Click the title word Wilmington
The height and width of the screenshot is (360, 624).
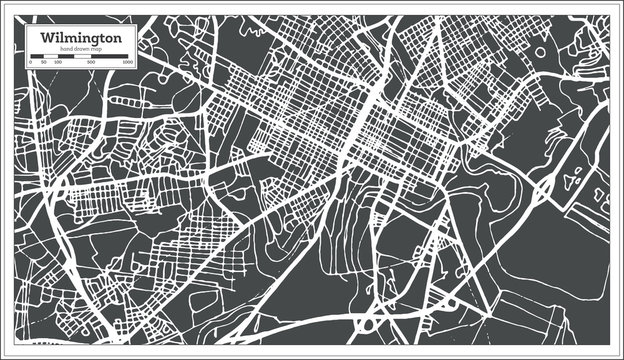click(82, 38)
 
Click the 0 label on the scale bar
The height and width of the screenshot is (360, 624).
click(31, 62)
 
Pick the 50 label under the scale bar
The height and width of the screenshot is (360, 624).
click(44, 62)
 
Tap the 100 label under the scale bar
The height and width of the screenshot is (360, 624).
click(57, 62)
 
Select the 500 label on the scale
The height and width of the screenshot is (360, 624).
click(91, 62)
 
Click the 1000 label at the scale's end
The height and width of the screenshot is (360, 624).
click(128, 62)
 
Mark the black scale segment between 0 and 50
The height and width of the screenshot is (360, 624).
click(37, 56)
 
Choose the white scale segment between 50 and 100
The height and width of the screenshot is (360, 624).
click(50, 56)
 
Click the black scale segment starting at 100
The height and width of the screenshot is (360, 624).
click(65, 56)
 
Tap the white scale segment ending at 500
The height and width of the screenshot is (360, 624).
click(83, 56)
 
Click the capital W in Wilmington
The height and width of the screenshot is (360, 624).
click(47, 37)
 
